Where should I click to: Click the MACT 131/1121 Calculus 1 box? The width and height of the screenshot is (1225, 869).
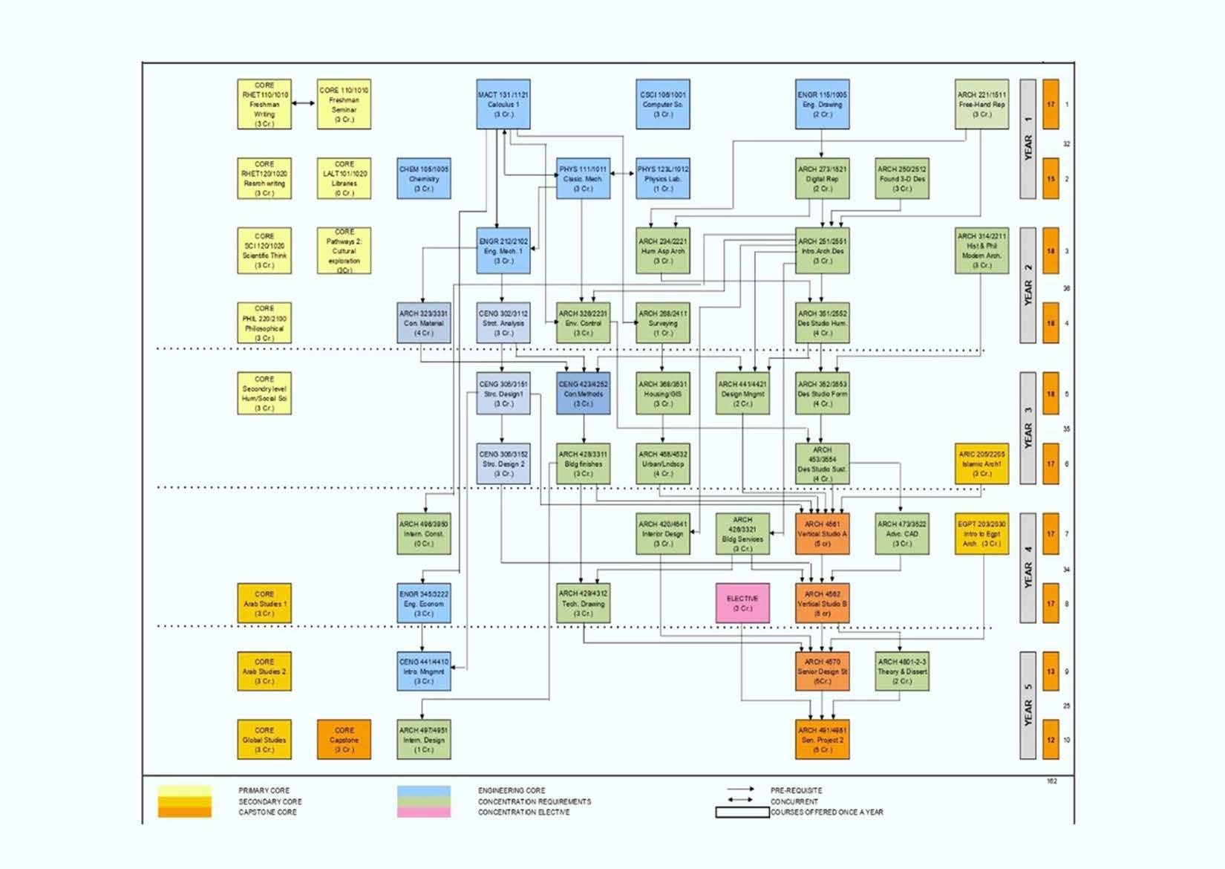pyautogui.click(x=503, y=104)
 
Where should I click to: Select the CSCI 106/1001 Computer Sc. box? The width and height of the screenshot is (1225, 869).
pyautogui.click(x=662, y=104)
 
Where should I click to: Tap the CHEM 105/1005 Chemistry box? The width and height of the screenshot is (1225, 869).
pyautogui.click(x=424, y=178)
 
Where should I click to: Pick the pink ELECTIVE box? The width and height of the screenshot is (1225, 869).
pyautogui.click(x=742, y=603)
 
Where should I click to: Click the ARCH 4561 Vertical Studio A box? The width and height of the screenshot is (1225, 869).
pyautogui.click(x=822, y=533)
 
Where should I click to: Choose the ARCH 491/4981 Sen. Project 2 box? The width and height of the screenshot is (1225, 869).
pyautogui.click(x=822, y=740)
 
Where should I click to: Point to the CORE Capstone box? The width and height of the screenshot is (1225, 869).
pyautogui.click(x=344, y=740)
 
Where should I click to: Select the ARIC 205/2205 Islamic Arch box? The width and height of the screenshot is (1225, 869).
pyautogui.click(x=981, y=463)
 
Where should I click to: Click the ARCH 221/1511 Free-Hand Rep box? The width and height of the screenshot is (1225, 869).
pyautogui.click(x=981, y=104)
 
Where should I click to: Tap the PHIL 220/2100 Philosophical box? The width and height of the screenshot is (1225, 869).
pyautogui.click(x=264, y=323)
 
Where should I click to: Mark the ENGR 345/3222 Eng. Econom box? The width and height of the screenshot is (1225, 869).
pyautogui.click(x=424, y=603)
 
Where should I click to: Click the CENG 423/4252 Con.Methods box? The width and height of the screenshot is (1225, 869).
pyautogui.click(x=584, y=394)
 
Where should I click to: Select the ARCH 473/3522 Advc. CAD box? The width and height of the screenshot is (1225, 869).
pyautogui.click(x=901, y=533)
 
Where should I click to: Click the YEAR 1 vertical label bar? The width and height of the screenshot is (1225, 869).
pyautogui.click(x=1028, y=140)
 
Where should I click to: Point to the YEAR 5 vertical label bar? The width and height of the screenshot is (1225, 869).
pyautogui.click(x=1028, y=706)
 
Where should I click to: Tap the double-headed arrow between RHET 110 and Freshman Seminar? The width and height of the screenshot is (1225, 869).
pyautogui.click(x=304, y=103)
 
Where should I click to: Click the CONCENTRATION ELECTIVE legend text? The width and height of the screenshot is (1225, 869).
pyautogui.click(x=524, y=813)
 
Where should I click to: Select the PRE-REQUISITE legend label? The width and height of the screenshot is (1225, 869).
pyautogui.click(x=796, y=790)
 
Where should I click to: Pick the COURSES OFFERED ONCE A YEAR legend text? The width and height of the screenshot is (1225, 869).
pyautogui.click(x=827, y=813)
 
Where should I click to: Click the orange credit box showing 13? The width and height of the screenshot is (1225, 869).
pyautogui.click(x=1051, y=671)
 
